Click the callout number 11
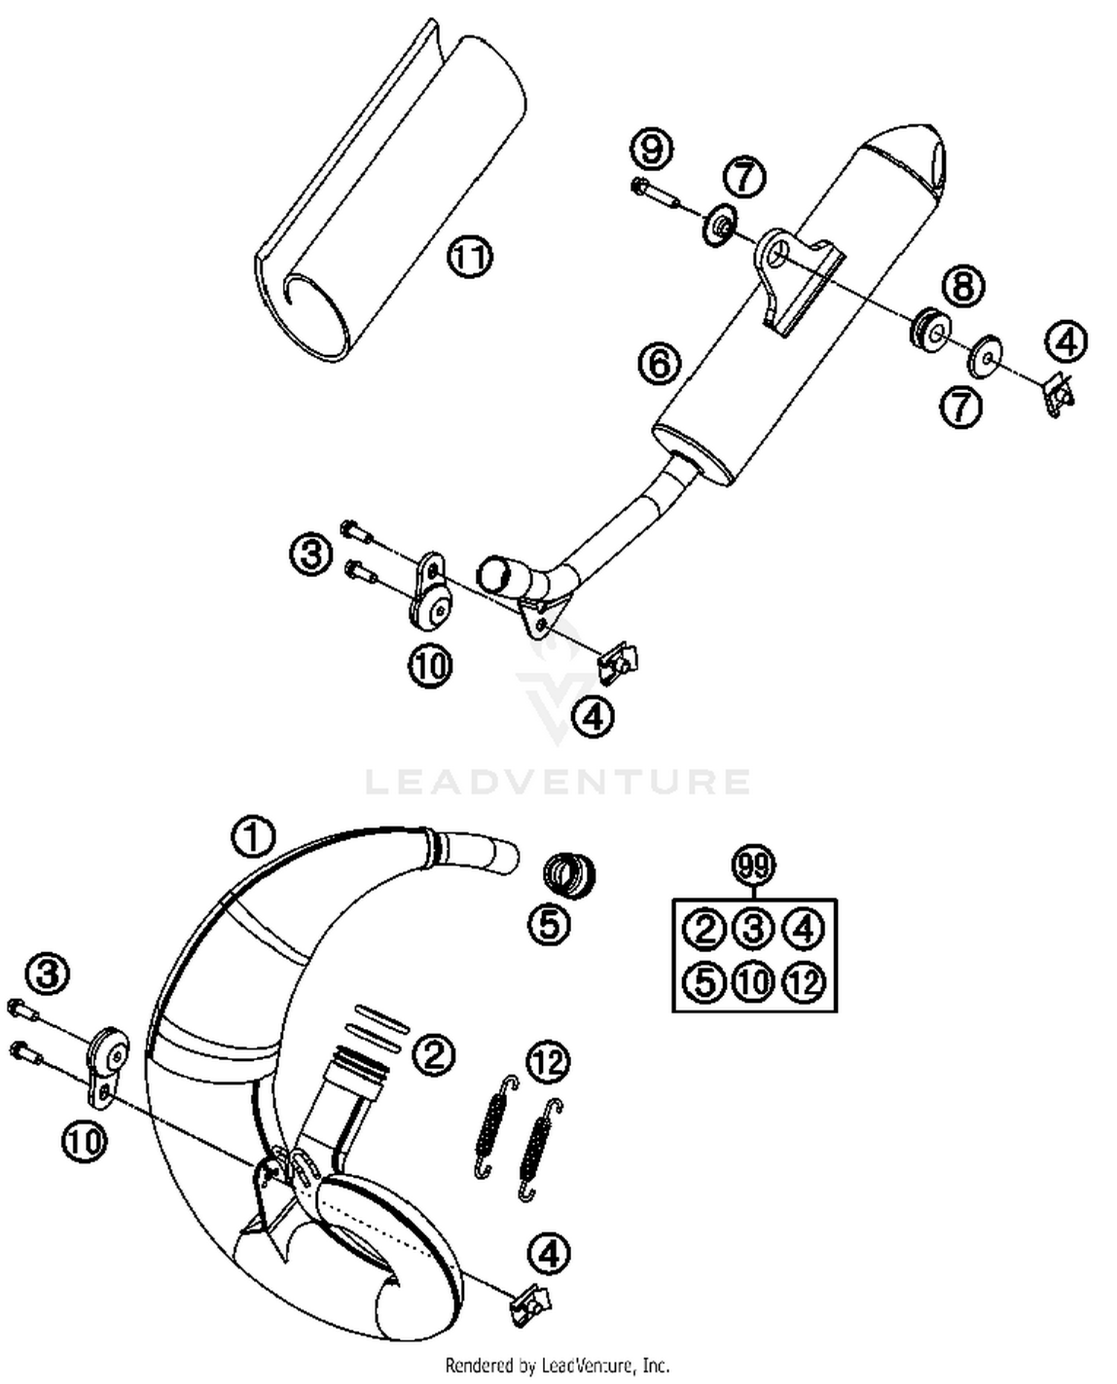pos(470,258)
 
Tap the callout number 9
pos(652,150)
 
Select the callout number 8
pos(964,287)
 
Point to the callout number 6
pos(660,364)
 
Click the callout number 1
pos(253,837)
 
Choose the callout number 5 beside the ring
pos(550,925)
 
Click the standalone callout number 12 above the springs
pos(548,1062)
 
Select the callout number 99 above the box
pos(754,866)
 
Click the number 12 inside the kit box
pos(804,983)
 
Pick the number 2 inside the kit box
pos(704,928)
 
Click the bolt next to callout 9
pos(655,193)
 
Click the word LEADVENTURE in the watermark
pos(558,782)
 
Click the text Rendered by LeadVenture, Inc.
pos(557,1365)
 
